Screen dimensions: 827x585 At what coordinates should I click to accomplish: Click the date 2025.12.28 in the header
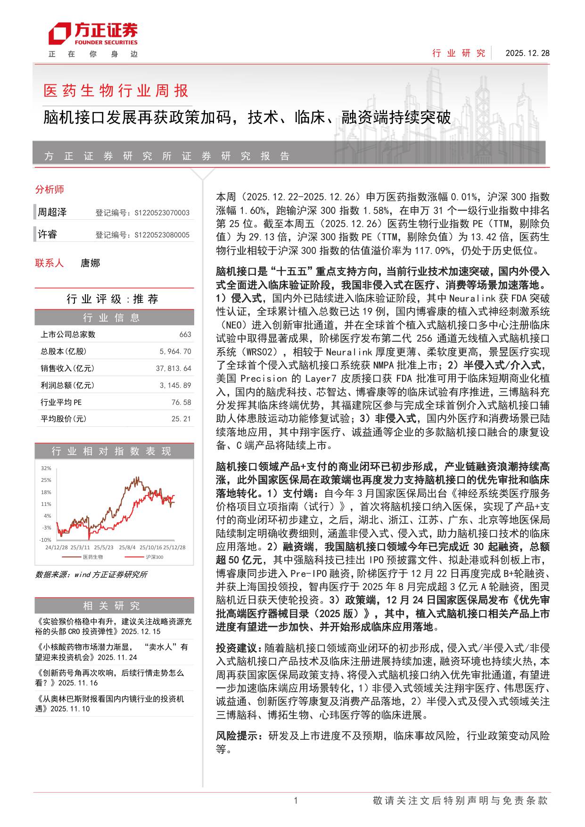527,53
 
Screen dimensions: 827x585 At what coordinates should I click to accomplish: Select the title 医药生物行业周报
116,91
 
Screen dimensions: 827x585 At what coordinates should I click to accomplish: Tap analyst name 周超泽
52,212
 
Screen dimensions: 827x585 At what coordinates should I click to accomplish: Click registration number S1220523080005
162,235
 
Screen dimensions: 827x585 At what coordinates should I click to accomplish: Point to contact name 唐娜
91,263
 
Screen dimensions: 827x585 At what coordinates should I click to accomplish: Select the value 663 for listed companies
185,334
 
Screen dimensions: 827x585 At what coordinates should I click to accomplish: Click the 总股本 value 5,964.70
175,351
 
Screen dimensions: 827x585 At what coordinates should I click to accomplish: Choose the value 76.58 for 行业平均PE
181,402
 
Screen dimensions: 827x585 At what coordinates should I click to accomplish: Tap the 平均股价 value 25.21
181,419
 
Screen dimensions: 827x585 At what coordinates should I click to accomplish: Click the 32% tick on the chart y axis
46,468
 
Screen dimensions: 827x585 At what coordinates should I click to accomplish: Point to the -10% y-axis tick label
45,539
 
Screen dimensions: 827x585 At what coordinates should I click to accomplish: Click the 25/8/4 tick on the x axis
127,547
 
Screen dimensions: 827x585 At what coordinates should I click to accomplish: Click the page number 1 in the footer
296,800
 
